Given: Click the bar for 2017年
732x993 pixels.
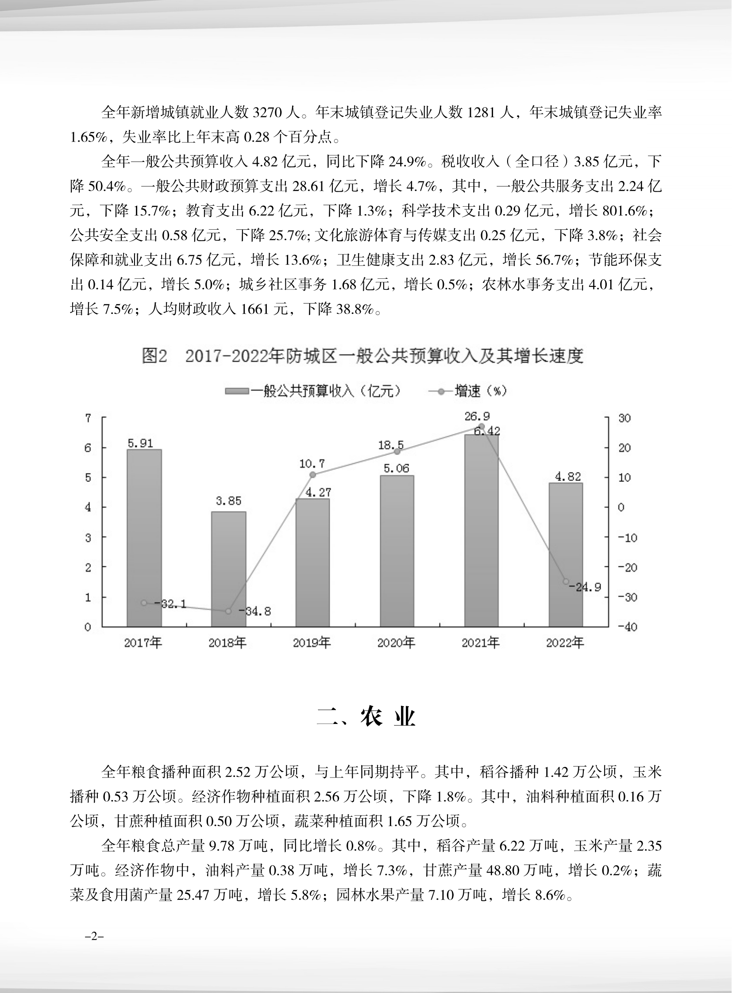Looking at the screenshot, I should point(144,538).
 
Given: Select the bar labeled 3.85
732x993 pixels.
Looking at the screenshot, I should point(229,569).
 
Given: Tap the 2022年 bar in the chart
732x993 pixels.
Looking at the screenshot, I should point(566,555).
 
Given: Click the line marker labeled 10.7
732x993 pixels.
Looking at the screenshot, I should point(312,474).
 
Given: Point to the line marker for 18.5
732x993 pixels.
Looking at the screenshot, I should point(397,451).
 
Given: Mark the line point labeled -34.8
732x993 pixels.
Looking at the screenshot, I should point(228,611).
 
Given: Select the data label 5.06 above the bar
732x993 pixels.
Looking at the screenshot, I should point(397,468).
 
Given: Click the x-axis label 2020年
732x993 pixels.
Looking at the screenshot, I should point(396,643).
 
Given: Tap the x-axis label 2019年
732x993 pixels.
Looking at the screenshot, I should point(312,643).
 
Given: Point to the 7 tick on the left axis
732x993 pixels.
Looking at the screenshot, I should point(88,418).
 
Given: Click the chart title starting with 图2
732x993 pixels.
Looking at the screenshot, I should point(362,356).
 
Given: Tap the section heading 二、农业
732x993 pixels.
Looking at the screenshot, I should point(366,717).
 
